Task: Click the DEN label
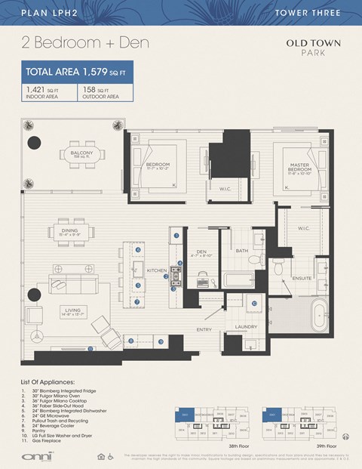[201, 251]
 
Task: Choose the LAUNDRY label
[247, 326]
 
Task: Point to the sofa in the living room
[72, 280]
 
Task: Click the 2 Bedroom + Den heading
[84, 43]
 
